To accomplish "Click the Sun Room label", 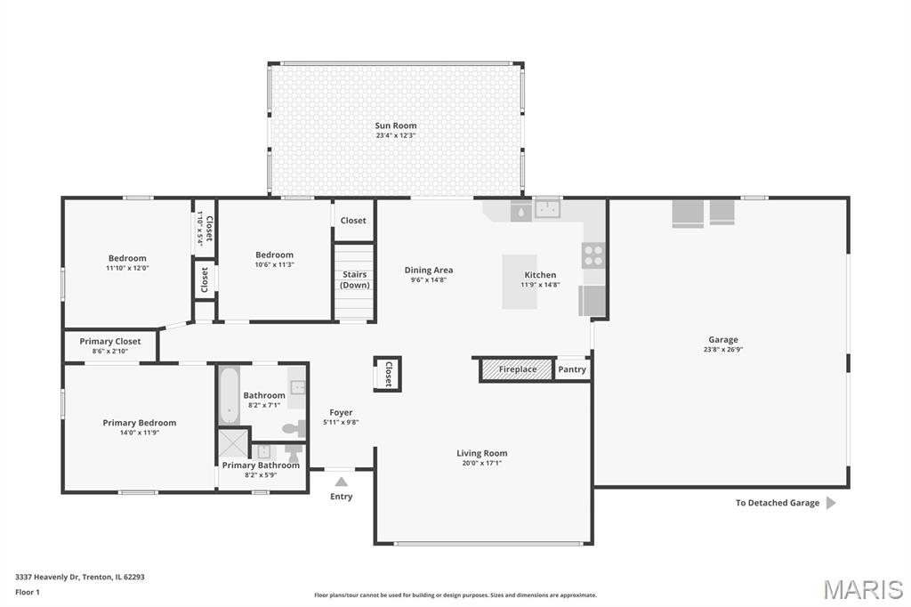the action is [396, 125].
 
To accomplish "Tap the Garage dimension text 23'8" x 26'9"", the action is [723, 350].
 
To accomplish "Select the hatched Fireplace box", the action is [517, 369].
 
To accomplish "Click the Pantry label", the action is [572, 369].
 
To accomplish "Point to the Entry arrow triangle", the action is [341, 482].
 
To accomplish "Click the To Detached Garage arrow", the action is [831, 503].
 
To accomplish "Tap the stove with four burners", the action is [593, 255].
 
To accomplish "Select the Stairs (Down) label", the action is [354, 279].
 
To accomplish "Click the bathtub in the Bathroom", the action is [230, 395].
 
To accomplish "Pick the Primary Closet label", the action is [109, 341].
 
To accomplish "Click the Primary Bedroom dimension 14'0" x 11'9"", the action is [140, 433].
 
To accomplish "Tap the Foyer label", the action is [341, 413].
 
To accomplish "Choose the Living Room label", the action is [481, 454].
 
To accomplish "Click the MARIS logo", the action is [863, 589].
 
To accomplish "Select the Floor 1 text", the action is [28, 593].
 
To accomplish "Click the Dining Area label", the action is [429, 271].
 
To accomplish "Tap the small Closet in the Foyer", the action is [388, 374].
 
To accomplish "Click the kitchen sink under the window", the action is [547, 209].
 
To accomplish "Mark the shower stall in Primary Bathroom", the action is [233, 443].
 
